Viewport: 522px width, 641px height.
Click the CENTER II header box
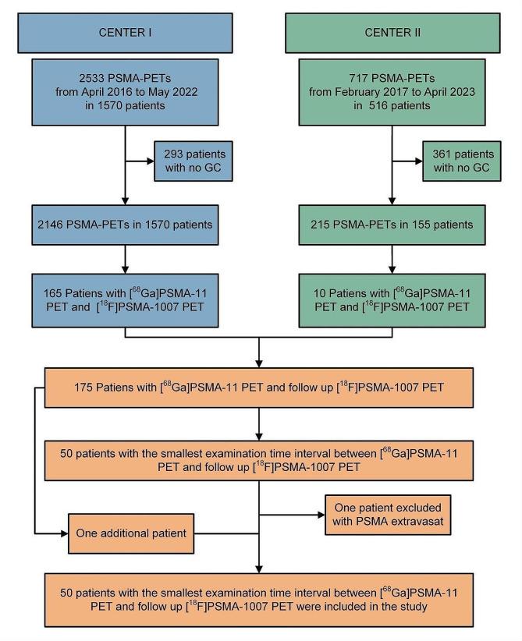(392, 33)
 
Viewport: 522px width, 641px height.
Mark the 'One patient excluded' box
(387, 514)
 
